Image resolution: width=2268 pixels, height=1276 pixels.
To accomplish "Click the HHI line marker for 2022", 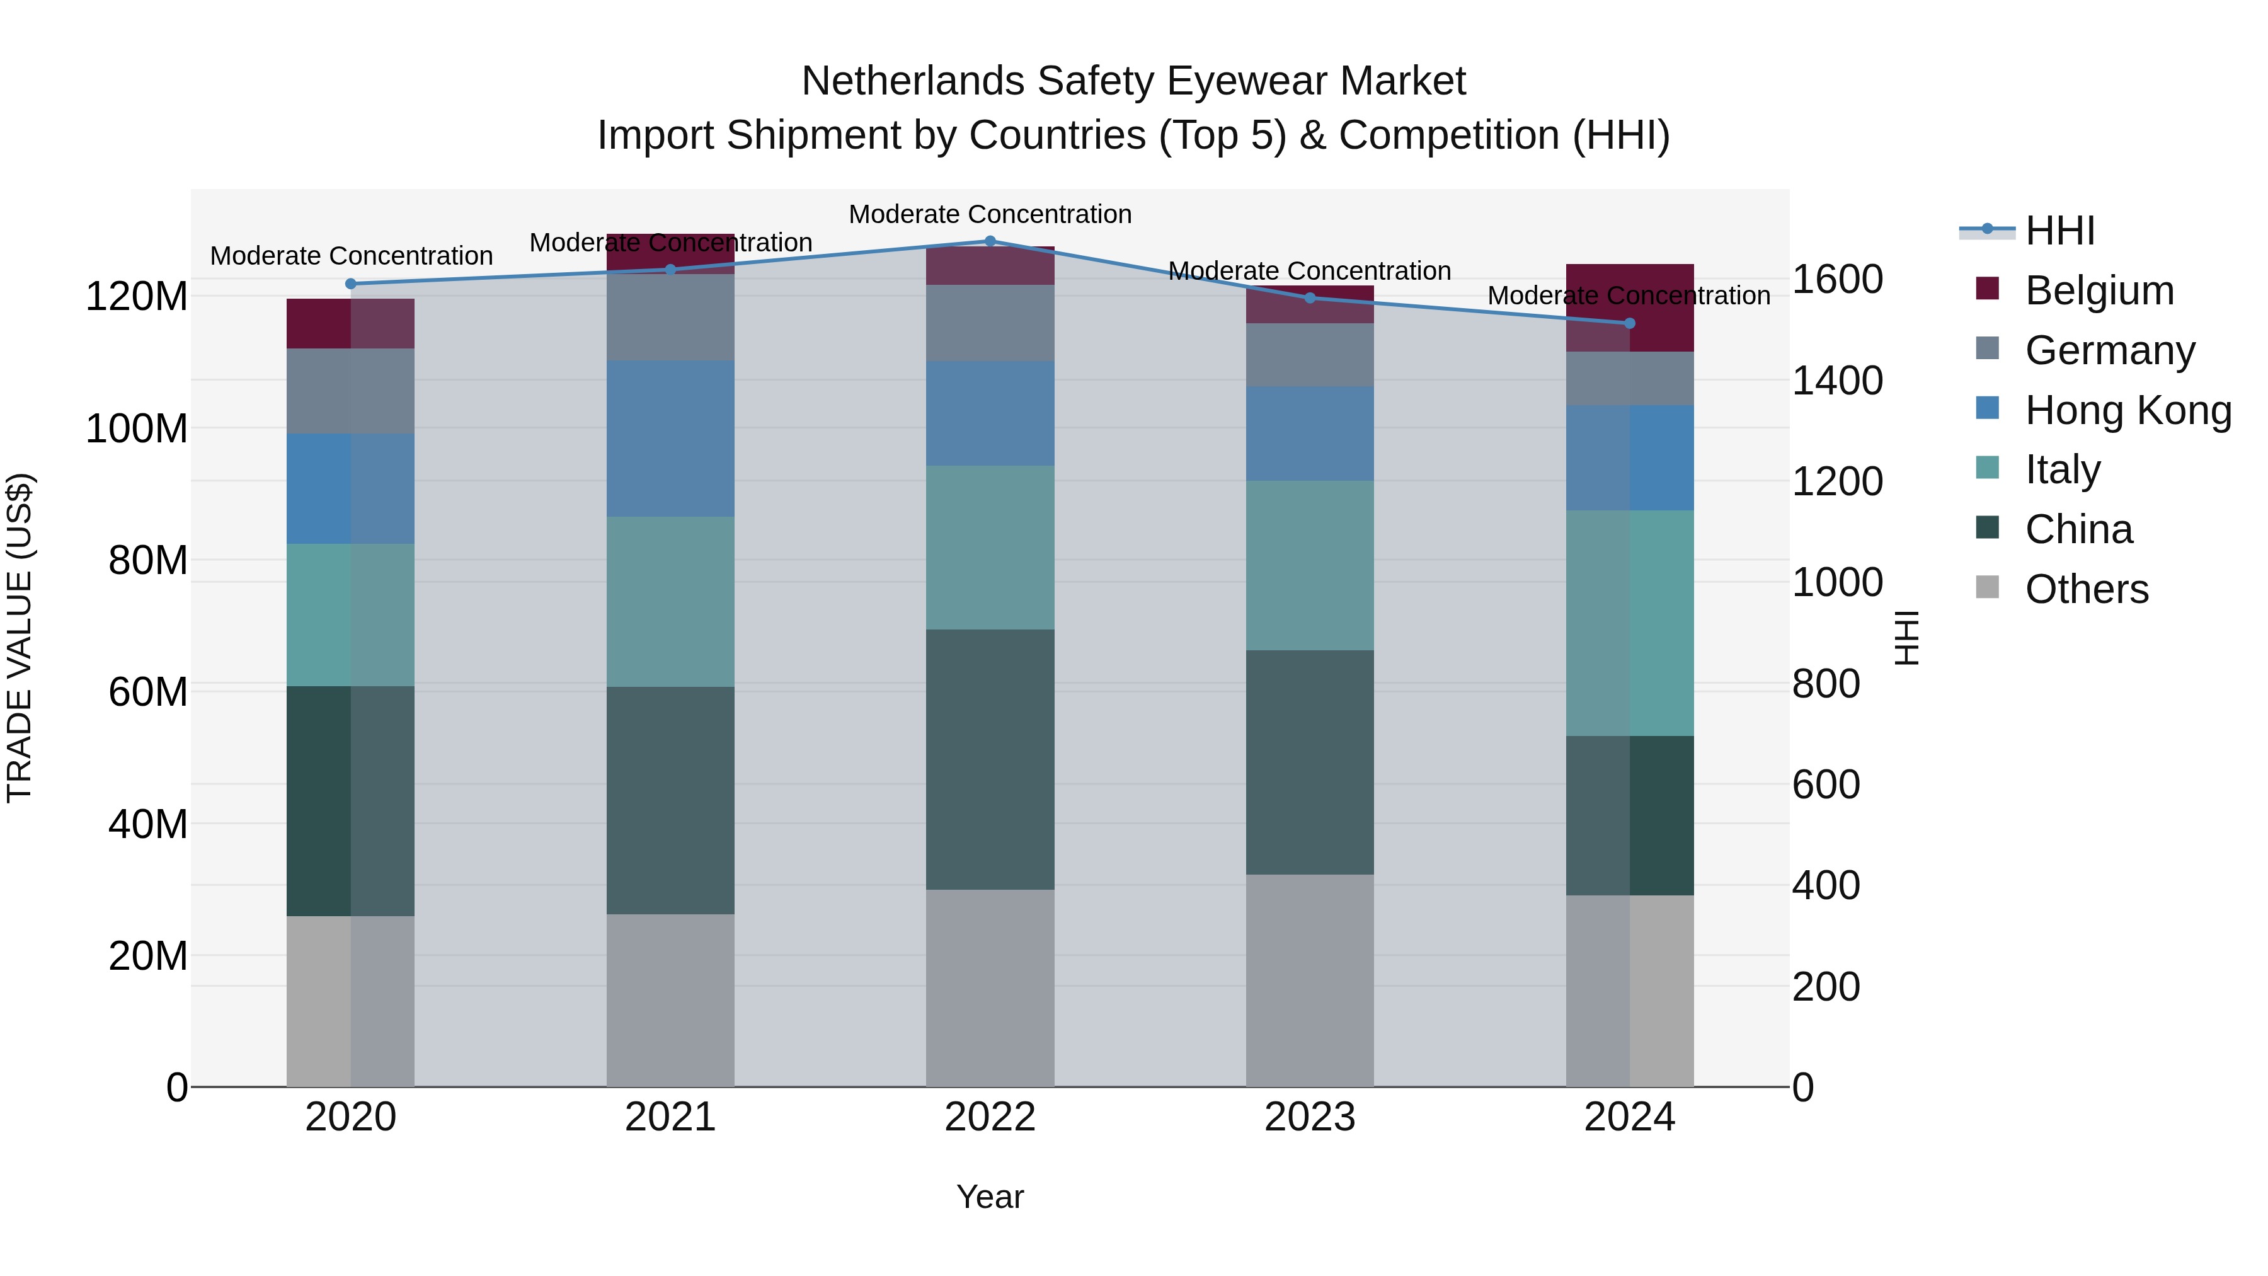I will [990, 241].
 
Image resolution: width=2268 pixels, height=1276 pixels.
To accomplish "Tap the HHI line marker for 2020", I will [350, 284].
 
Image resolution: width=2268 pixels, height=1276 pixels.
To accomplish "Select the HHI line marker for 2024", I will [1629, 323].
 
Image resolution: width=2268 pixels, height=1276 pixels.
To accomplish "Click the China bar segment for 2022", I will [990, 759].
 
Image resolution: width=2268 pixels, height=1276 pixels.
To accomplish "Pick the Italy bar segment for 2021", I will [670, 602].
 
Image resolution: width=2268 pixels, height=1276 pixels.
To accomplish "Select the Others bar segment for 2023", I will [1309, 980].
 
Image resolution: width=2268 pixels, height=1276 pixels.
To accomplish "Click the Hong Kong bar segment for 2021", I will [670, 439].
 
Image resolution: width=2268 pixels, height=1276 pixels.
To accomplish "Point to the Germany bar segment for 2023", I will [1309, 355].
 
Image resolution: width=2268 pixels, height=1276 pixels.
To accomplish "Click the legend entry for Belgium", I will [2099, 290].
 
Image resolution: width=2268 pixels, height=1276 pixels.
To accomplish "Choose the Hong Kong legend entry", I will [2127, 410].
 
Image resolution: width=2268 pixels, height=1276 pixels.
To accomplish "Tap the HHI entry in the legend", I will [2059, 231].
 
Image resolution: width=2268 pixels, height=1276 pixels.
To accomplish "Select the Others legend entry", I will [2086, 589].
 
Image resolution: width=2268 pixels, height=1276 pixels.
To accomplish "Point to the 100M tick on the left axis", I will [137, 429].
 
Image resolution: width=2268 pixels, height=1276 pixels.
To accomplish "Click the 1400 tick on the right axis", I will [1838, 381].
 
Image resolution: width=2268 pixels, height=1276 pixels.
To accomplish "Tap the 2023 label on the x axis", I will [1309, 1117].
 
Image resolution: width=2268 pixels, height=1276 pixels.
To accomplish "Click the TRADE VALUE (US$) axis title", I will [20, 638].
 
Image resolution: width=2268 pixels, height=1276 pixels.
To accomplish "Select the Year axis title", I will [990, 1197].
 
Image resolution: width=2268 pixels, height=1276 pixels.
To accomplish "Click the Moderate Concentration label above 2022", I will [990, 214].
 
